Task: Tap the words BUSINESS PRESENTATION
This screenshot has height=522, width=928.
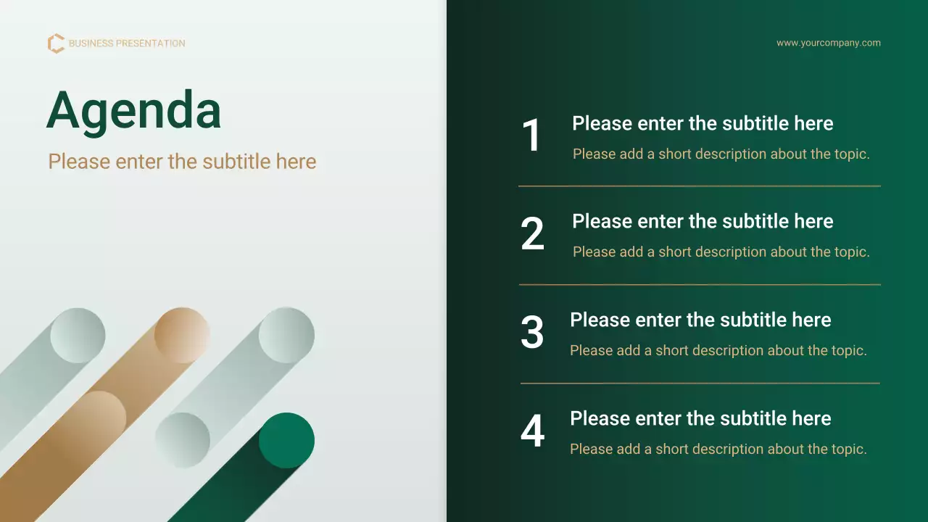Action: click(x=127, y=43)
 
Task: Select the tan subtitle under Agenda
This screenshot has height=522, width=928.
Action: click(x=182, y=162)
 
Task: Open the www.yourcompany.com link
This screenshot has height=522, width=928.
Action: click(x=829, y=43)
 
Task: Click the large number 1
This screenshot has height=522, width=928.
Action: click(x=531, y=135)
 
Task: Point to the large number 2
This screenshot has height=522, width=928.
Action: click(x=532, y=233)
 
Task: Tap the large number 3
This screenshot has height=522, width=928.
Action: click(x=532, y=332)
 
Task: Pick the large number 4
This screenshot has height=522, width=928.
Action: click(x=532, y=431)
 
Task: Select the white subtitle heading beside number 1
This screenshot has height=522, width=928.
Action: click(x=703, y=123)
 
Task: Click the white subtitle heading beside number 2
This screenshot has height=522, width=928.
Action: click(x=703, y=221)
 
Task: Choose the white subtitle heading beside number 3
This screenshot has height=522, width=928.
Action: click(x=700, y=320)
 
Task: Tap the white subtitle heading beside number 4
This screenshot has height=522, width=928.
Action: click(x=700, y=418)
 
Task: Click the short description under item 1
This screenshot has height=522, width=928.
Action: click(x=721, y=154)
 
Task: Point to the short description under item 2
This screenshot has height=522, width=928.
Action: click(x=721, y=252)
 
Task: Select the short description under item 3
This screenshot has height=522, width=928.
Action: click(x=718, y=350)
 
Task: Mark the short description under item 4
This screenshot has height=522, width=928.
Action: click(x=718, y=449)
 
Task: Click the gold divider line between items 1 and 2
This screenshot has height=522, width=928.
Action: click(x=700, y=186)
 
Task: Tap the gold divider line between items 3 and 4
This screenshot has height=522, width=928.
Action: click(x=700, y=384)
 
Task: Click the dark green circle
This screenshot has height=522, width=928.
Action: click(x=286, y=440)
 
